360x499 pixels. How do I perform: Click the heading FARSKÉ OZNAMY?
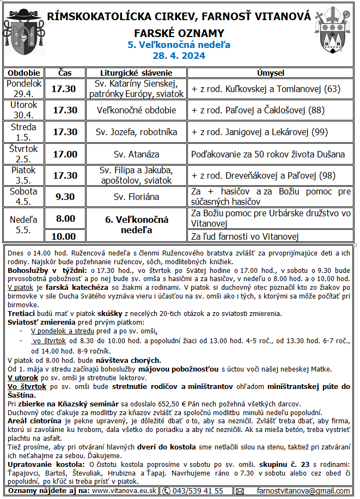(180, 33)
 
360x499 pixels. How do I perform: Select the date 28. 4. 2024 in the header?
(180, 56)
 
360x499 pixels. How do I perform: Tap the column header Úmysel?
(270, 73)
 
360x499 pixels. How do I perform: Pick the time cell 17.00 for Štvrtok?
(64, 154)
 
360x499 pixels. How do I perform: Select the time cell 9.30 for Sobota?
(64, 197)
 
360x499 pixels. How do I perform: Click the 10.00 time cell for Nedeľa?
(64, 236)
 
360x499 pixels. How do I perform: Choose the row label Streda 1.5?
(23, 132)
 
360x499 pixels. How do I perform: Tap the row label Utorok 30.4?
(23, 110)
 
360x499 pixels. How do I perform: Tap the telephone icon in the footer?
(167, 491)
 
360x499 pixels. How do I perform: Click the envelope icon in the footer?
(240, 491)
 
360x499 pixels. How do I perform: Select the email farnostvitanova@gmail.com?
(303, 491)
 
